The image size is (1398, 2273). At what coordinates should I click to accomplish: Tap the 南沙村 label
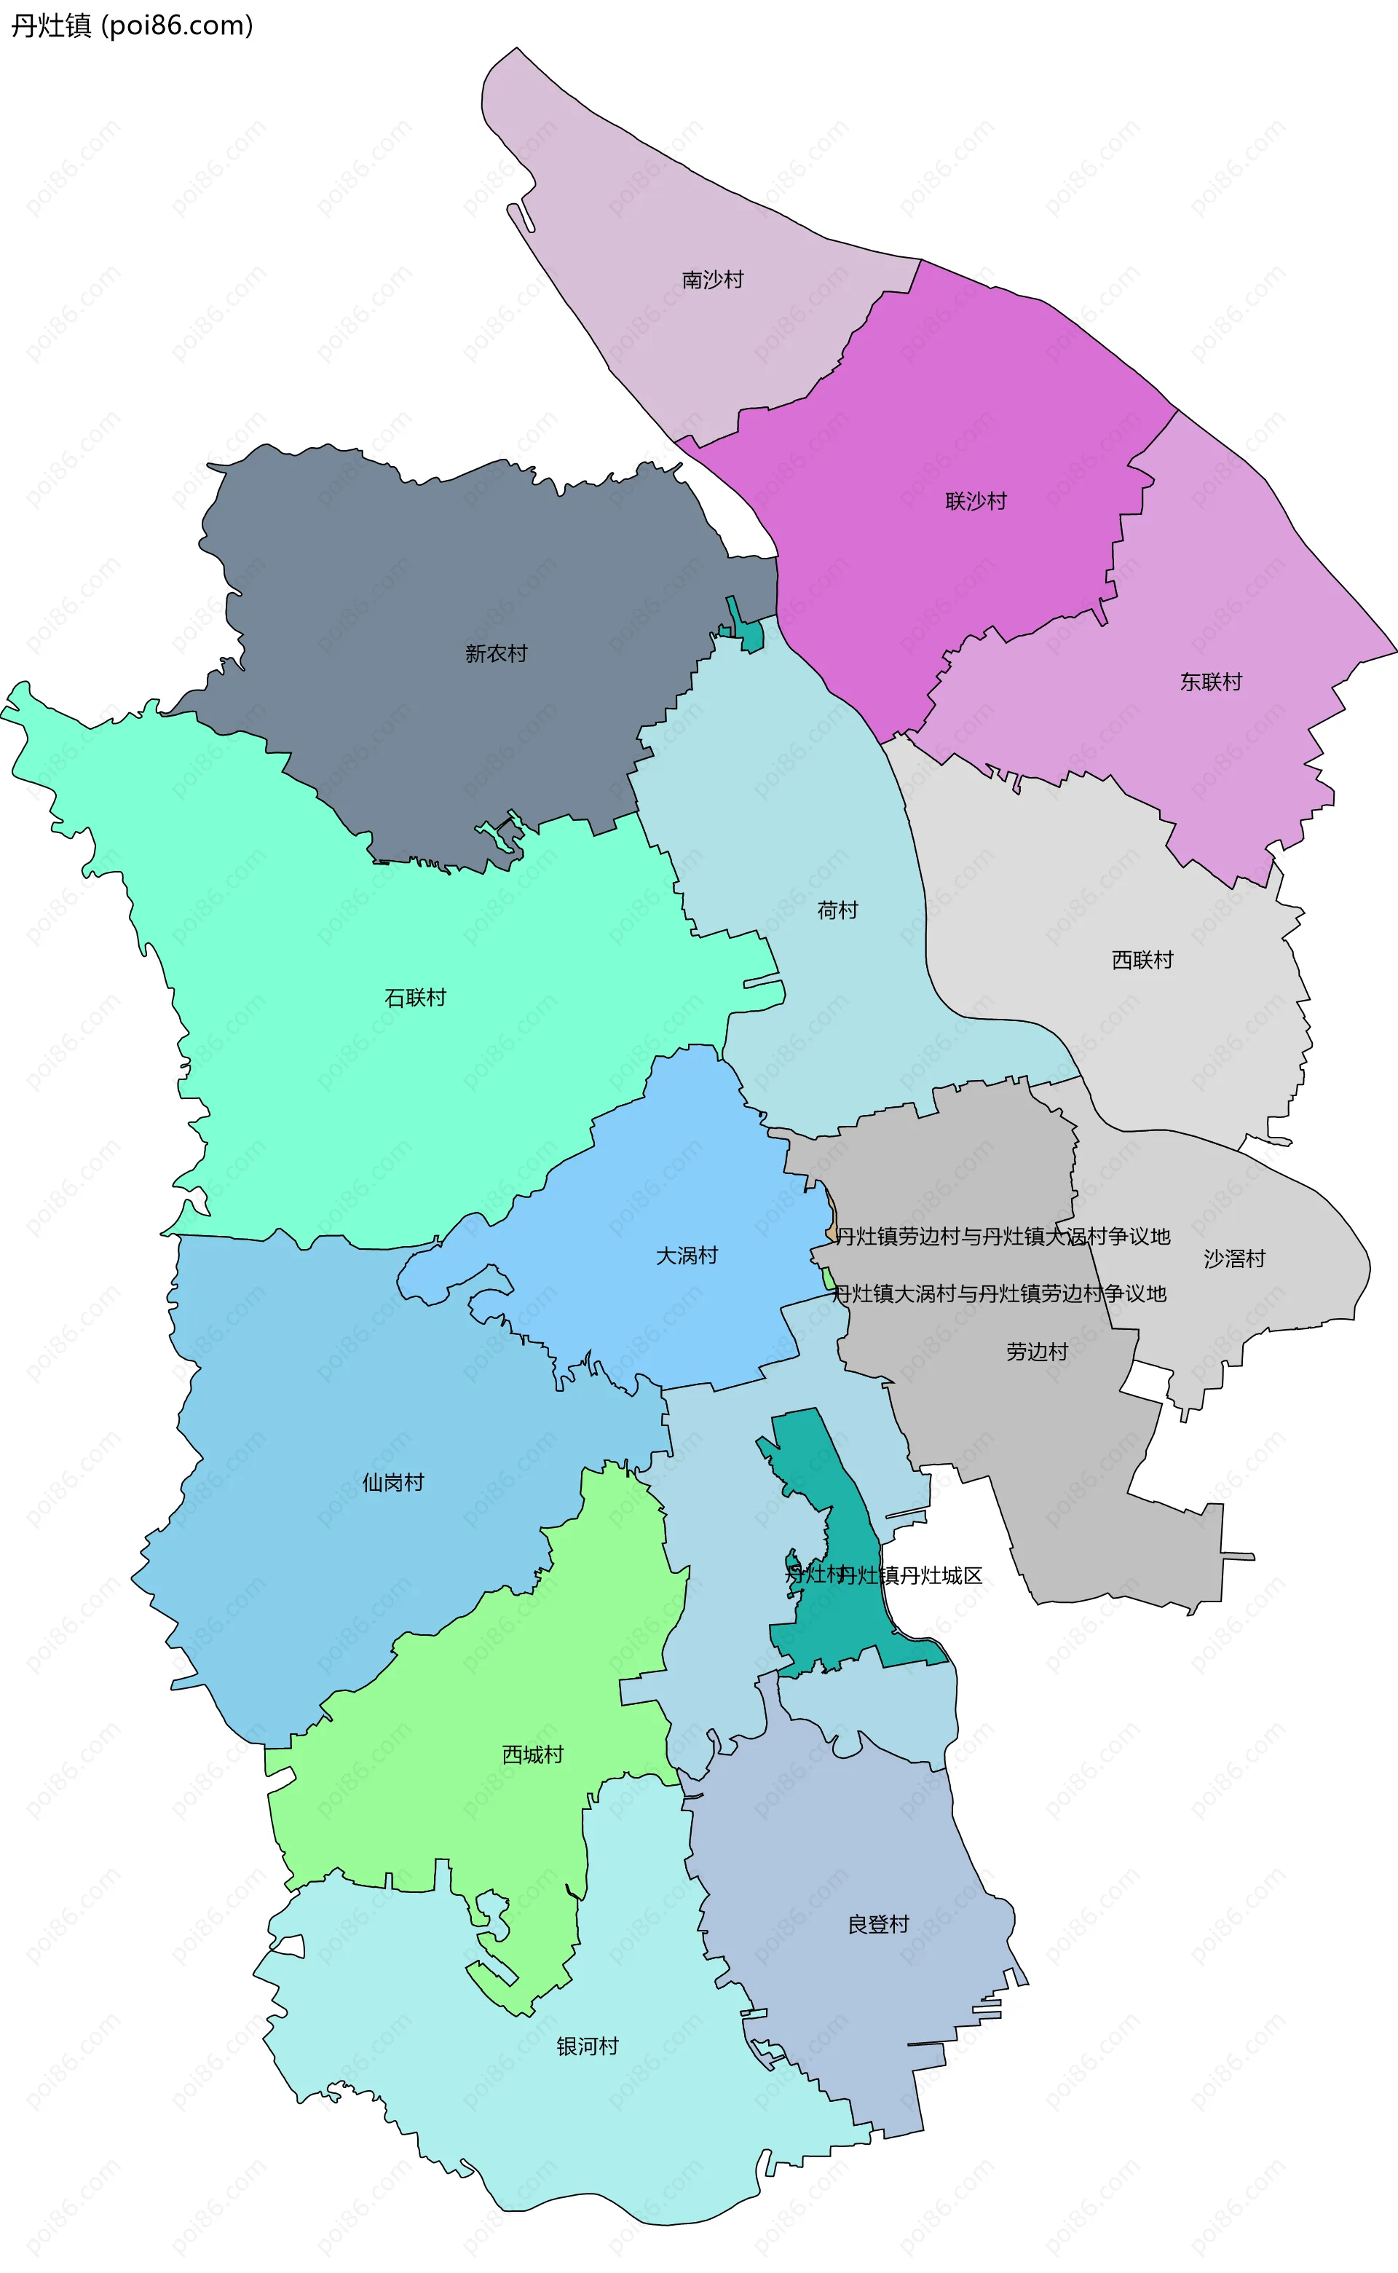pyautogui.click(x=712, y=279)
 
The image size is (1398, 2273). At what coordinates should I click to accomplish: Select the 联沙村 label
pyautogui.click(x=976, y=501)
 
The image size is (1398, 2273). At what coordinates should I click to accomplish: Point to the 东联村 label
pyautogui.click(x=1210, y=682)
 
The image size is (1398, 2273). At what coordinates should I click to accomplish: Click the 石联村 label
pyautogui.click(x=415, y=998)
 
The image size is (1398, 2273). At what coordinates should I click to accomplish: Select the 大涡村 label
pyautogui.click(x=686, y=1256)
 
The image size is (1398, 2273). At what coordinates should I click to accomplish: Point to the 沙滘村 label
pyautogui.click(x=1233, y=1258)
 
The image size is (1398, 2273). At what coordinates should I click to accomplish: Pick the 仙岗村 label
pyautogui.click(x=393, y=1482)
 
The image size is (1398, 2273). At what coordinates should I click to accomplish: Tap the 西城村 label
pyautogui.click(x=532, y=1754)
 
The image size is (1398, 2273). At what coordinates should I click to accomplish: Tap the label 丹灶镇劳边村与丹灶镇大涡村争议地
pyautogui.click(x=1003, y=1237)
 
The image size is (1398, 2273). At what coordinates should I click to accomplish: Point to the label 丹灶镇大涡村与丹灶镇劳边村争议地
pyautogui.click(x=998, y=1293)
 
